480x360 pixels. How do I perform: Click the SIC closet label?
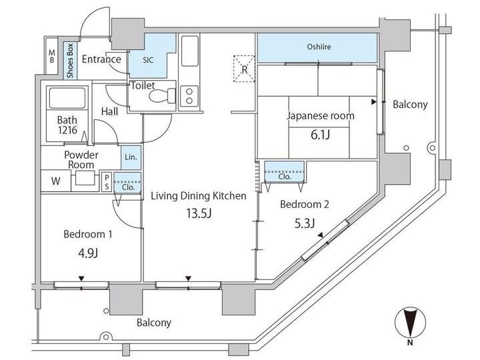pos(148,59)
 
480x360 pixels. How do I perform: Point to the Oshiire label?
pos(319,47)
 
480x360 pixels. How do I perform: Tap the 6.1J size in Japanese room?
pos(320,135)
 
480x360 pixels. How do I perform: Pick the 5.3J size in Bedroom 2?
pos(301,223)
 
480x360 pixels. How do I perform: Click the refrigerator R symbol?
pos(245,69)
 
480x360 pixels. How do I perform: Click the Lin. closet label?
pos(131,157)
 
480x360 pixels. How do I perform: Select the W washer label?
pos(55,180)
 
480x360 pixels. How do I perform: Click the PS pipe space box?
pos(107,180)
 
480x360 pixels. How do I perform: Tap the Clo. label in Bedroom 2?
pos(284,177)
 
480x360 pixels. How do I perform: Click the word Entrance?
pos(101,59)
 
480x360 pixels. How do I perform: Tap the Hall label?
pos(109,111)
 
